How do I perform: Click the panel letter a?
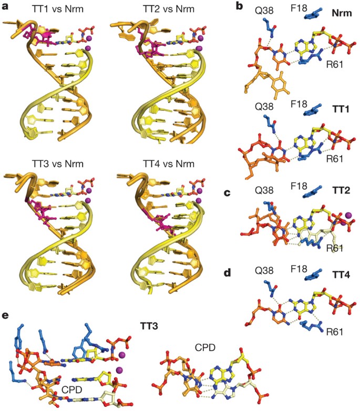pyautogui.click(x=5, y=7)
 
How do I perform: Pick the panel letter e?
pyautogui.click(x=5, y=316)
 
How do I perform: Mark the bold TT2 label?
pyautogui.click(x=343, y=193)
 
